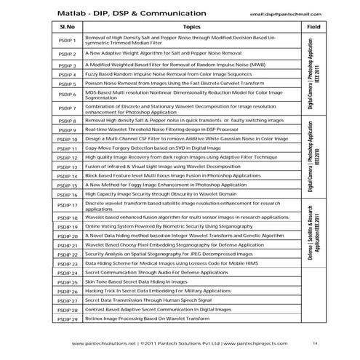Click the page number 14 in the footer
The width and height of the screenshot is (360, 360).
coord(314,343)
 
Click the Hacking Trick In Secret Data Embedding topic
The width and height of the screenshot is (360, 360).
coord(159,291)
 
